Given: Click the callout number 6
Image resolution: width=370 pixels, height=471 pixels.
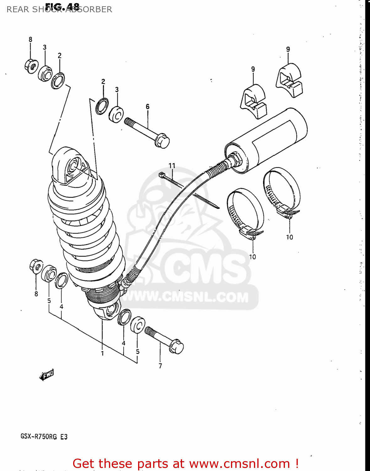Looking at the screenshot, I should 147,107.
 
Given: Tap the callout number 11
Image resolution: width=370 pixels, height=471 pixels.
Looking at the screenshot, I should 172,165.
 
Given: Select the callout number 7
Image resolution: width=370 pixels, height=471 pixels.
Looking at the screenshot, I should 160,366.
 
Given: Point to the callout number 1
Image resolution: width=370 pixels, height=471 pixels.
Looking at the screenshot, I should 102,354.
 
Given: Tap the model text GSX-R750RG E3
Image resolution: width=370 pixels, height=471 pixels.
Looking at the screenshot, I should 44,436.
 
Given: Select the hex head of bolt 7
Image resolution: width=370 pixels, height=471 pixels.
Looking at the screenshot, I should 176,347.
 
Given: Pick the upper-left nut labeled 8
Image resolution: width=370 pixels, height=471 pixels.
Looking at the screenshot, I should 31,66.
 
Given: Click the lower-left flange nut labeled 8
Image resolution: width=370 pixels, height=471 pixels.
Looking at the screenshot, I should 36,267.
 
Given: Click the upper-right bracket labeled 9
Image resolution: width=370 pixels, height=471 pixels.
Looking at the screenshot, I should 289,80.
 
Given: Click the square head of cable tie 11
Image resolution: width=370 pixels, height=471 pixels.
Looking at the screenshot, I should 162,175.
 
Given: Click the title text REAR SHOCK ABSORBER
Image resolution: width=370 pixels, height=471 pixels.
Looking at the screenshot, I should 59,9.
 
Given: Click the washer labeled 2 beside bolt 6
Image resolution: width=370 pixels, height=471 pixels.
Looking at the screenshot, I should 102,106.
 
